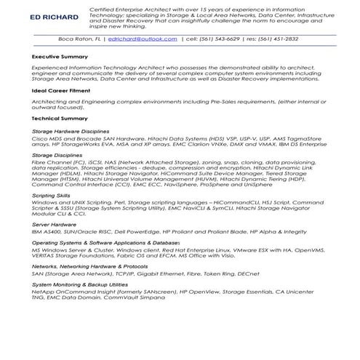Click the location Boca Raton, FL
point(80,41)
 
